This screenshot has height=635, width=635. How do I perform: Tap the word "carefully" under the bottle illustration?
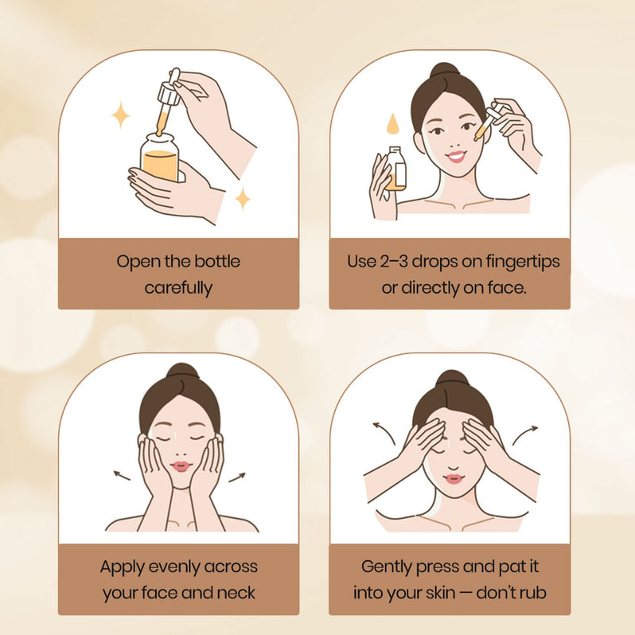pyautogui.click(x=178, y=288)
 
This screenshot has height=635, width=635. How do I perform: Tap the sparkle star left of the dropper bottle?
pyautogui.click(x=120, y=115)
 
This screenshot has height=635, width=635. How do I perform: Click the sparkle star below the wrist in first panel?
pyautogui.click(x=243, y=198)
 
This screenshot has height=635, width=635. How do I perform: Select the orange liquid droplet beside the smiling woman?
pyautogui.click(x=392, y=123)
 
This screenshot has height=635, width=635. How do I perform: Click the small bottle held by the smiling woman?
pyautogui.click(x=395, y=169)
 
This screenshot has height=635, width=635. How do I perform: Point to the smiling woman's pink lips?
pyautogui.click(x=456, y=156)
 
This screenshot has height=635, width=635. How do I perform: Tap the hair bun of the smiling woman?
pyautogui.click(x=445, y=72)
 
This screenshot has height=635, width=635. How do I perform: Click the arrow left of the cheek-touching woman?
pyautogui.click(x=122, y=475)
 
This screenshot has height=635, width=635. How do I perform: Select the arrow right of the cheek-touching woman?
pyautogui.click(x=237, y=477)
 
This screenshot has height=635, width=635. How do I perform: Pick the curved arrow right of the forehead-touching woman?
pyautogui.click(x=524, y=434)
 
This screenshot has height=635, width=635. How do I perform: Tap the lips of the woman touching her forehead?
pyautogui.click(x=454, y=479)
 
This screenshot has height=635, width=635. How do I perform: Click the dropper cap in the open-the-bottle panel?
pyautogui.click(x=170, y=87)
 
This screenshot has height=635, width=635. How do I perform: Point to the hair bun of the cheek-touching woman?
pyautogui.click(x=183, y=372)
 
